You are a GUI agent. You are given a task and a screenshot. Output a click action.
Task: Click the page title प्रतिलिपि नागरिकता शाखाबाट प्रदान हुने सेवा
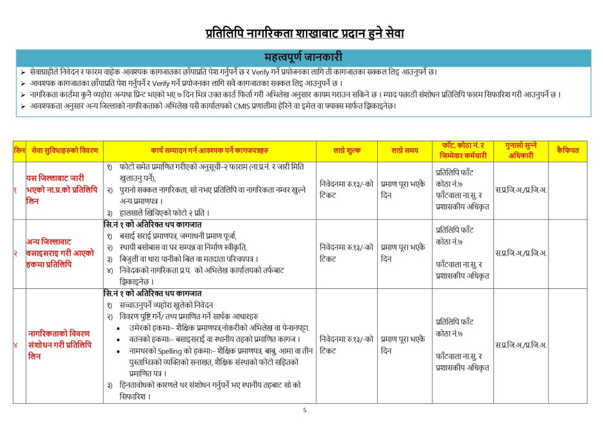(305, 33)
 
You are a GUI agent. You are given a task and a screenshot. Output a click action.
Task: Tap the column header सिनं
(19, 150)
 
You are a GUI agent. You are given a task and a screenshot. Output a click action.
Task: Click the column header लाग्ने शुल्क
(347, 150)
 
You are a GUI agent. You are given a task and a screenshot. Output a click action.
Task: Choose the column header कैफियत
(567, 150)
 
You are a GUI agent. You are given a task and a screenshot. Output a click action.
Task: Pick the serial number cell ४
(15, 345)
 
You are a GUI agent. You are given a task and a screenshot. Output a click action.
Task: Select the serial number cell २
(15, 253)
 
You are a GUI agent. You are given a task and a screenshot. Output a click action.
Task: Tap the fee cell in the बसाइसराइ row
(346, 253)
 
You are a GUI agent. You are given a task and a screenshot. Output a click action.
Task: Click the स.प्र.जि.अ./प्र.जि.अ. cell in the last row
(520, 345)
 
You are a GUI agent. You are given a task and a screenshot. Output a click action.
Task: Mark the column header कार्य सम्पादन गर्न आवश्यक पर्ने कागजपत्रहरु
(209, 150)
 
